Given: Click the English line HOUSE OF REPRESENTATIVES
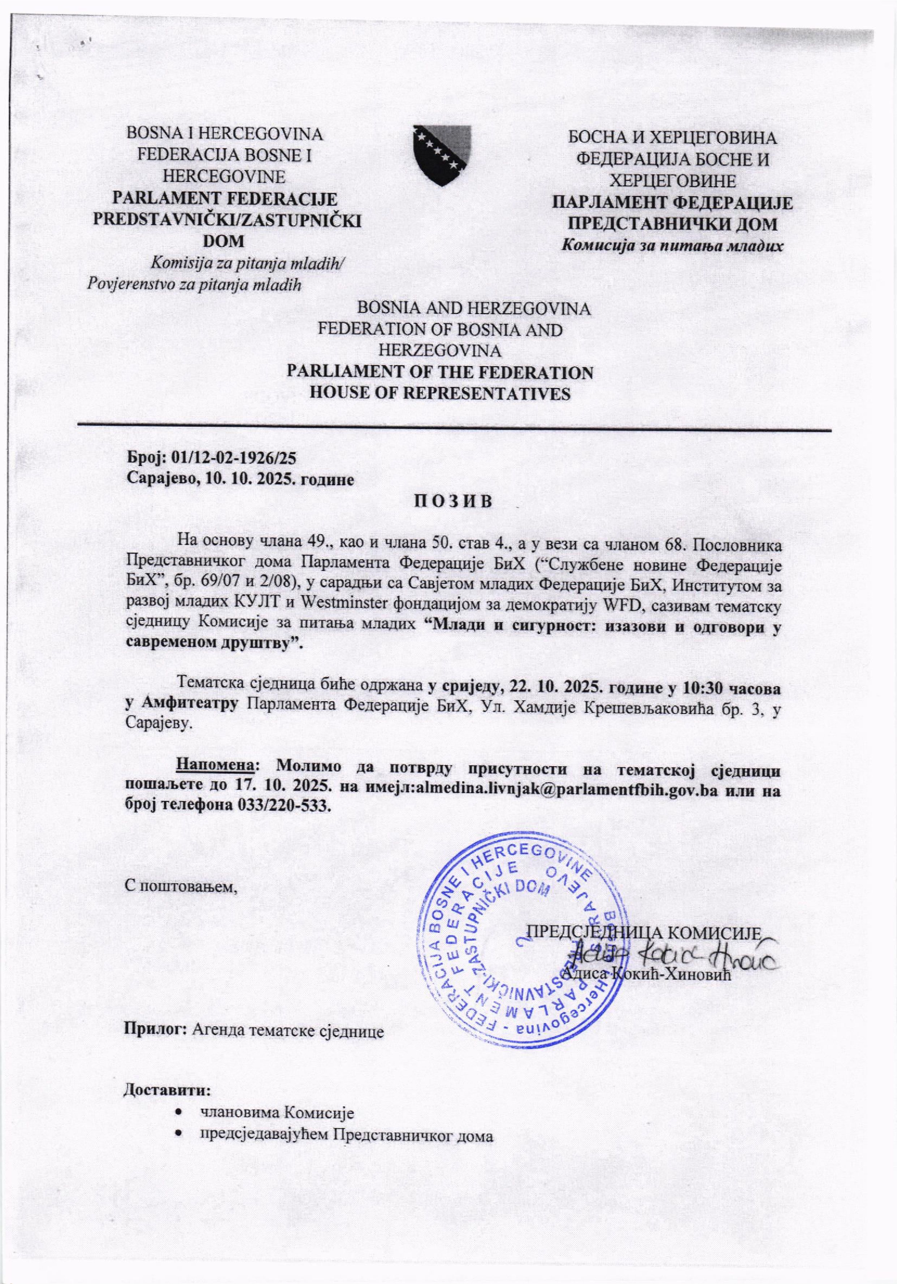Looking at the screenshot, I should click(440, 393).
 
